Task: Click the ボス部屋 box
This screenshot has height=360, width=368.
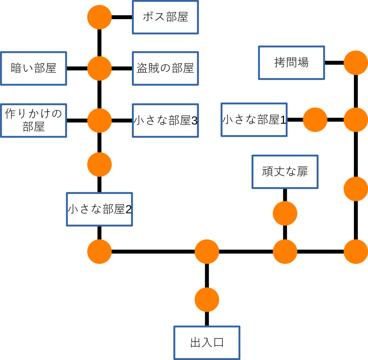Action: (165, 17)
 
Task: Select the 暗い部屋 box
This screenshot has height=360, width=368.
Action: (33, 68)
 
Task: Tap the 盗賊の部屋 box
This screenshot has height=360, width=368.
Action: (165, 68)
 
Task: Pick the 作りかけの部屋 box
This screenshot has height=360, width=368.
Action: (33, 121)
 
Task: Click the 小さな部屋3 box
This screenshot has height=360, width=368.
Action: (165, 121)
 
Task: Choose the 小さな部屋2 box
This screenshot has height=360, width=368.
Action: (99, 209)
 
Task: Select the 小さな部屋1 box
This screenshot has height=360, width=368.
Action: (254, 120)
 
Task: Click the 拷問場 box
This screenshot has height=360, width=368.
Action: (291, 63)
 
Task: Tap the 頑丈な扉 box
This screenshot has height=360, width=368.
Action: (285, 172)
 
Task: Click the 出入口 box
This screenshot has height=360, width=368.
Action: (207, 343)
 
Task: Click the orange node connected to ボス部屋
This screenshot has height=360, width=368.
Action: (99, 17)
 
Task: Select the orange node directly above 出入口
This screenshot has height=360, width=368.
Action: (207, 300)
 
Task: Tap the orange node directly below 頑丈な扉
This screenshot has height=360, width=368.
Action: (285, 213)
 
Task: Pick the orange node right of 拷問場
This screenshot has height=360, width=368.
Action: (356, 63)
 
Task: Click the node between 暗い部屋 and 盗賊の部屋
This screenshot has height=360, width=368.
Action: (99, 68)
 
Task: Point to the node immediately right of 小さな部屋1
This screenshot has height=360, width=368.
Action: (315, 120)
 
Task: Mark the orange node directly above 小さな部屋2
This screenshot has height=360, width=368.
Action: (99, 165)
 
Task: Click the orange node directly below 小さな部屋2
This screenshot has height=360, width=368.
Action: (99, 252)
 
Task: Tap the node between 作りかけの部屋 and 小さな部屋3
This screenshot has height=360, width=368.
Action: (99, 121)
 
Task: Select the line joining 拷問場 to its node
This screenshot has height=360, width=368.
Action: (334, 63)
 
